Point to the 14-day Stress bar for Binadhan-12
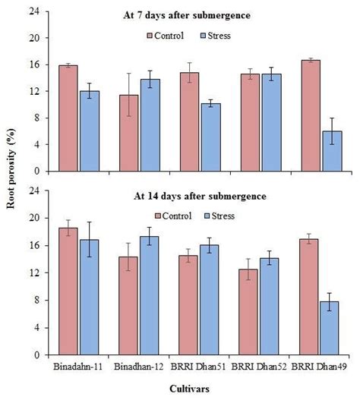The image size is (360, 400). click(149, 295)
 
